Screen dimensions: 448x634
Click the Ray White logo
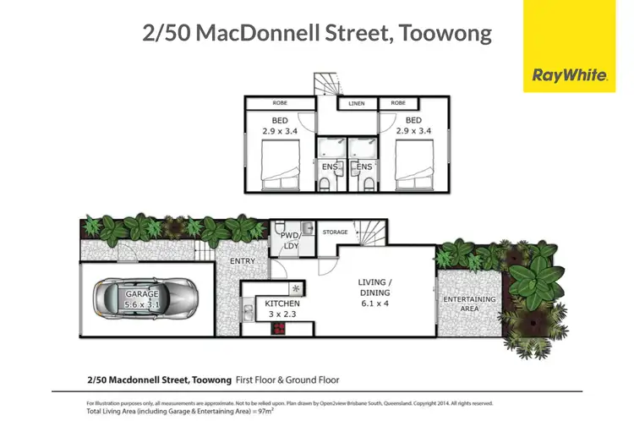pos(570,75)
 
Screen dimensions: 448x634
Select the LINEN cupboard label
pos(356,104)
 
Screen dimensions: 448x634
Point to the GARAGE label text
pos(143,293)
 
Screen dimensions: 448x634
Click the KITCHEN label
pos(281,303)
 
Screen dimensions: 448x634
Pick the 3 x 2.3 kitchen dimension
pos(281,314)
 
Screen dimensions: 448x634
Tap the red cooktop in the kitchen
pos(276,331)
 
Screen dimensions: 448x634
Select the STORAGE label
pos(335,231)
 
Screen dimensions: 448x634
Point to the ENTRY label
pos(243,261)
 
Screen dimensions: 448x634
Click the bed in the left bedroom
pos(278,165)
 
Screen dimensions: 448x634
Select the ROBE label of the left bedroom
pos(280,104)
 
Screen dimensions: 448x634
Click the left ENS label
pos(330,167)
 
